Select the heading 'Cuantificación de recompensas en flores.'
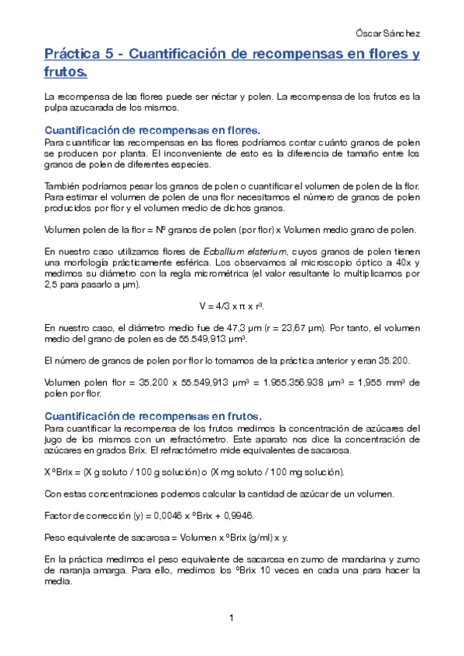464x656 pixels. coord(153,130)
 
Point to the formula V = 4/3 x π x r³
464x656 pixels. coord(231,305)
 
